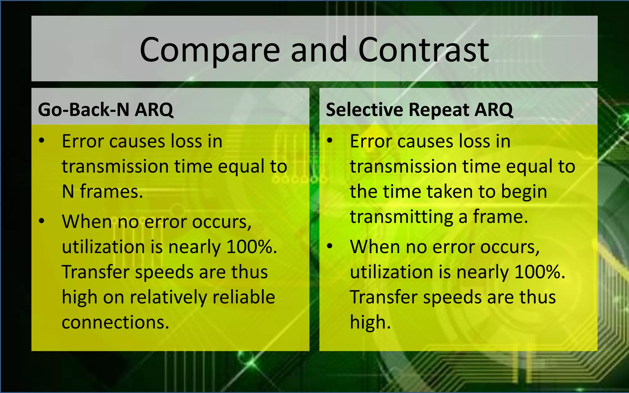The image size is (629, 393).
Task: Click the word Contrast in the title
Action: (423, 50)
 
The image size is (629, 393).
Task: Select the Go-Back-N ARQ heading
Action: (105, 110)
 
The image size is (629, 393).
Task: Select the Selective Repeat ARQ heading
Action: (419, 110)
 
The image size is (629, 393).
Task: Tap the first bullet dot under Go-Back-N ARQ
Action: (42, 141)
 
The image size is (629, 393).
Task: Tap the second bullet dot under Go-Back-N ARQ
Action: (42, 221)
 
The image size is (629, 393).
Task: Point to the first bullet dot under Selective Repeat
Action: (330, 141)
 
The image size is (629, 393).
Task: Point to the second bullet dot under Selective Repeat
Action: (330, 246)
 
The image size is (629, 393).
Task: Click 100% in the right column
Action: (540, 272)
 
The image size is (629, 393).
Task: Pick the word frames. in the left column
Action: (111, 192)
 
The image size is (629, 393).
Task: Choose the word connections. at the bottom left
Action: (115, 322)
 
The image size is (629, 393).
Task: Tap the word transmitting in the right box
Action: (401, 217)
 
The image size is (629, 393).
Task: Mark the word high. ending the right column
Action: (370, 323)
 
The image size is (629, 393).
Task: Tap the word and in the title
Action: (318, 50)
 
